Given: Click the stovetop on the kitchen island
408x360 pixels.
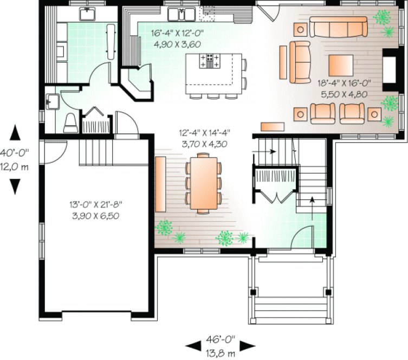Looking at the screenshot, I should pyautogui.click(x=210, y=61).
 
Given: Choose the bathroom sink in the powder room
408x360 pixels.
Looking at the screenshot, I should pyautogui.click(x=53, y=100).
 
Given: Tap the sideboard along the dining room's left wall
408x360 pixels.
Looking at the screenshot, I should pyautogui.click(x=160, y=184).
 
